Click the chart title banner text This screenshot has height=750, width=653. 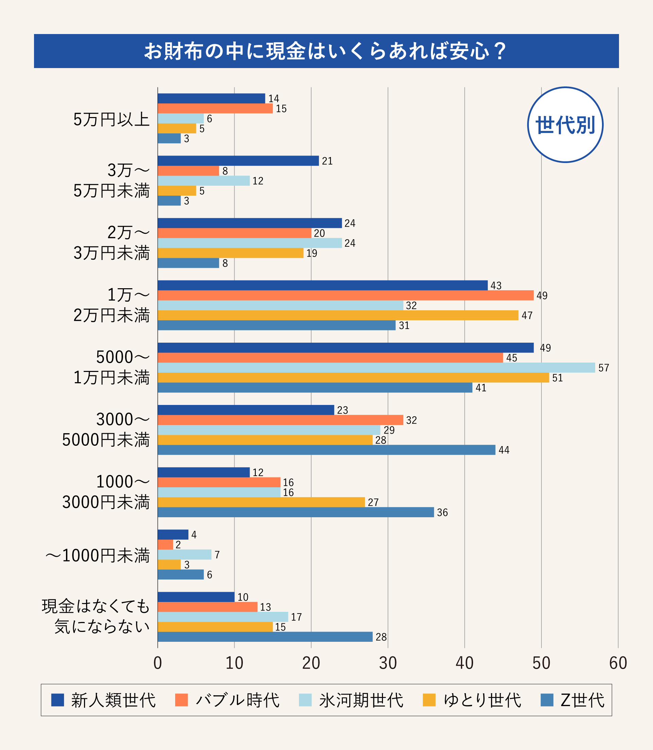tap(325, 51)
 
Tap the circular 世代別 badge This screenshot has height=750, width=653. tap(565, 125)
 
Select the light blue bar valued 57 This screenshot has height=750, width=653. tap(376, 368)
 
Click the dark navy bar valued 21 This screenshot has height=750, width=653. tap(238, 161)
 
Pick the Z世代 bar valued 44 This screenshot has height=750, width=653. tap(326, 450)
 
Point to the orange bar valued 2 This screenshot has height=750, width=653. tap(165, 545)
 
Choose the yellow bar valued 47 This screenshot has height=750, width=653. tap(338, 315)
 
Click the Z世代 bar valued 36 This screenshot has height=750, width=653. tap(296, 512)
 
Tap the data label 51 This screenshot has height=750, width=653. tap(557, 378)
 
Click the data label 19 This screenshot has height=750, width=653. tap(312, 253)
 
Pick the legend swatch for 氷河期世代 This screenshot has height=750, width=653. tap(305, 700)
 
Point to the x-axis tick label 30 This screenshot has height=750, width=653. tap(388, 663)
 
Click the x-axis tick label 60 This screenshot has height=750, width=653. tap(618, 663)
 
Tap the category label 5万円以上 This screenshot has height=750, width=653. tap(112, 119)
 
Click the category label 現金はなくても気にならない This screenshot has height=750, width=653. tap(96, 616)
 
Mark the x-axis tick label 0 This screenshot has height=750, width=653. tap(157, 663)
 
